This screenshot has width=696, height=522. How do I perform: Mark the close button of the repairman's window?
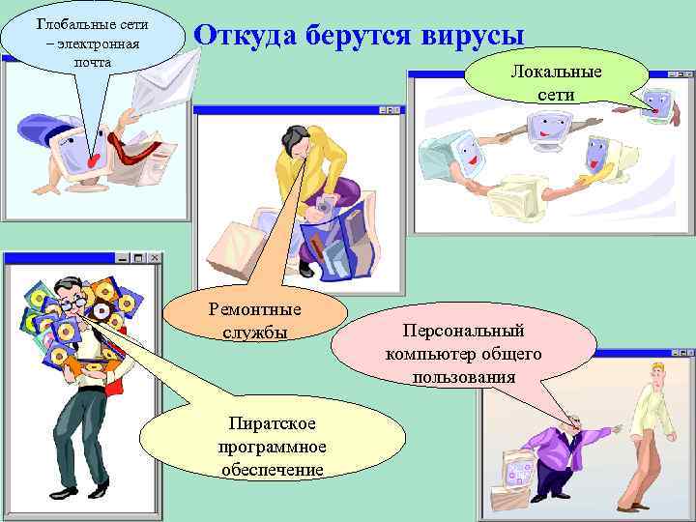tap(394, 110)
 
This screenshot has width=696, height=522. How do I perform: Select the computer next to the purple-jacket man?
tap(517, 474)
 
